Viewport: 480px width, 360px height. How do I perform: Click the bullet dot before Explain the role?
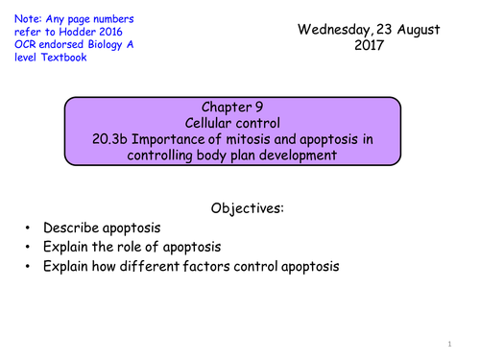point(31,247)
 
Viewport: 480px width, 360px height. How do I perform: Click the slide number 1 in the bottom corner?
point(448,343)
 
